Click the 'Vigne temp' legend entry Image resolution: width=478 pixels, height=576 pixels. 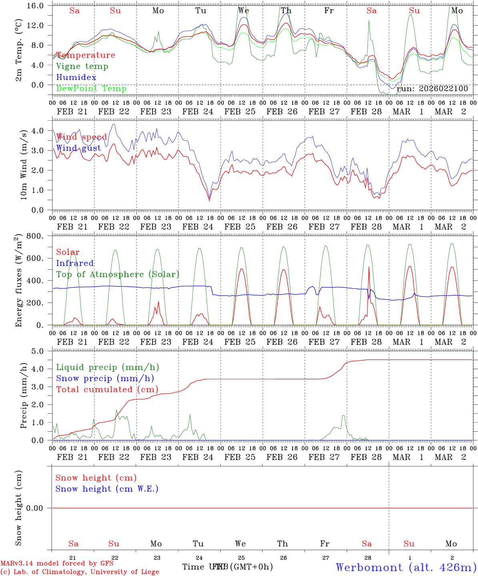(x=82, y=66)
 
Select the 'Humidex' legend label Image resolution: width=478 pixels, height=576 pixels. (x=76, y=78)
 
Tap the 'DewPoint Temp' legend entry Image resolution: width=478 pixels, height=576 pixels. (x=91, y=89)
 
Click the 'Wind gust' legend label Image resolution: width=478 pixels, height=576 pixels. (x=78, y=148)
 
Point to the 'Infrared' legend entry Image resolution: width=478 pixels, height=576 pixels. (x=75, y=263)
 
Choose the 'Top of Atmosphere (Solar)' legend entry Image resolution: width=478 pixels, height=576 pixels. (x=118, y=274)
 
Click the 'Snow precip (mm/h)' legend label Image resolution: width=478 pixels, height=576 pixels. (x=105, y=378)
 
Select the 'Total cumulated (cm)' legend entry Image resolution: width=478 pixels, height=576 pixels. (x=107, y=390)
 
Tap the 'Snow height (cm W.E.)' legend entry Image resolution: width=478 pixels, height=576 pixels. (x=107, y=489)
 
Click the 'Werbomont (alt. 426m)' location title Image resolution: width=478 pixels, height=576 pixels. (x=406, y=567)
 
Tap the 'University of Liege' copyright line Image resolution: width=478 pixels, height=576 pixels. (x=80, y=572)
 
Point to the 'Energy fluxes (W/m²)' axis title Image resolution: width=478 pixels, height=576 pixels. (x=18, y=282)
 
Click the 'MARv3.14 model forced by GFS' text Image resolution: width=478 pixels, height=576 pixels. (x=57, y=564)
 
